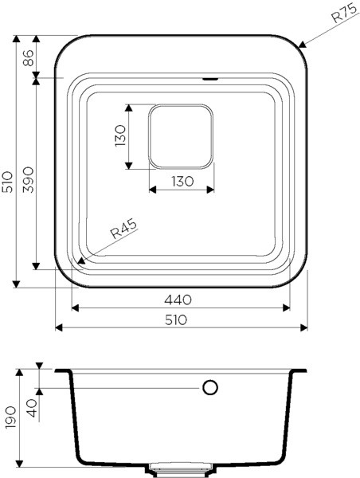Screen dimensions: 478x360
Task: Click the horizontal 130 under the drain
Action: [x=182, y=182]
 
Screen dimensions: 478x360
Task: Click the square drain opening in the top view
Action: [x=182, y=136]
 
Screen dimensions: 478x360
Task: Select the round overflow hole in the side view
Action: [x=210, y=388]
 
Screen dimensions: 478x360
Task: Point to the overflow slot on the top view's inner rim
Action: [x=211, y=79]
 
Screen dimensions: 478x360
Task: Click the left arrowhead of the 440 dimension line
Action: [x=74, y=308]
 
